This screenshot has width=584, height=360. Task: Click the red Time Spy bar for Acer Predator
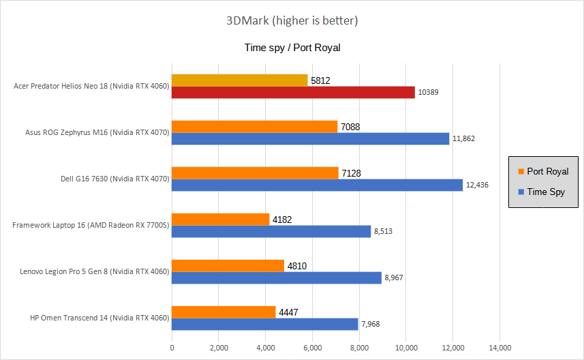[x=293, y=92]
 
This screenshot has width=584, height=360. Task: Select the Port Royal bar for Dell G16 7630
[x=255, y=173]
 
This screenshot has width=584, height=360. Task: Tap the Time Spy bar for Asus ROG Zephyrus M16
[x=310, y=138]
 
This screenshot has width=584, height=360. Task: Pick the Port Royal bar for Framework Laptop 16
[x=220, y=220]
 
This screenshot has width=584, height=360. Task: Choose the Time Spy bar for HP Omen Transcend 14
[x=264, y=324]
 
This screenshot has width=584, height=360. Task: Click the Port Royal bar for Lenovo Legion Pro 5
[x=228, y=266]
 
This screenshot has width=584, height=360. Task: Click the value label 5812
[x=320, y=80]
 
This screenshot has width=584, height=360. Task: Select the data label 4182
[x=283, y=220]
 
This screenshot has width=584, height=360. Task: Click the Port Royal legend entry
[x=543, y=171]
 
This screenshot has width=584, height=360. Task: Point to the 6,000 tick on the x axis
[x=312, y=348]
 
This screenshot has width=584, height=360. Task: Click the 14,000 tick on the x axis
[x=500, y=348]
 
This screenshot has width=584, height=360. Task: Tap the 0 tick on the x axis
[x=172, y=348]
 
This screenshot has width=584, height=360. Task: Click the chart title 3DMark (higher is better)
[x=292, y=20]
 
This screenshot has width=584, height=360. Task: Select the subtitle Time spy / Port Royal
[x=292, y=48]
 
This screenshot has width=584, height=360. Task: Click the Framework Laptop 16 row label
[x=91, y=225]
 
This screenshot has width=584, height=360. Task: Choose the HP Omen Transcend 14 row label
[x=99, y=318]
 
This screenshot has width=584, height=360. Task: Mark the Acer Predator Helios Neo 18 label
[x=91, y=86]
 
